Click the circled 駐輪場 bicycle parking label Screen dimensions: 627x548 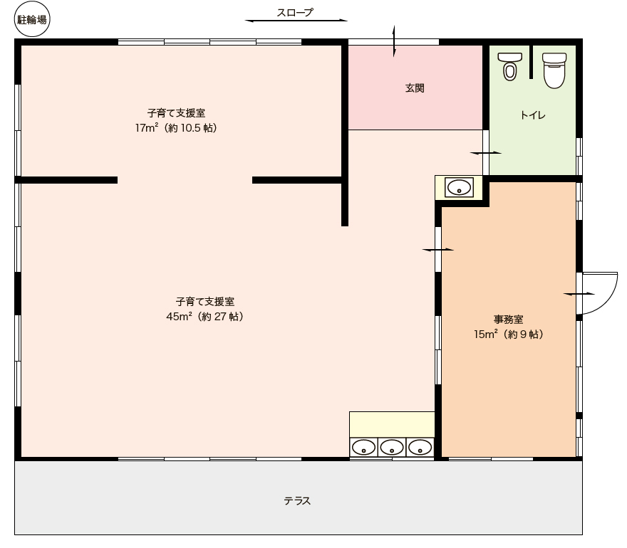(x=32, y=19)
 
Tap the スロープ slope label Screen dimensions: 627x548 (x=295, y=12)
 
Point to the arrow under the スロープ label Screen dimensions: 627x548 (x=296, y=21)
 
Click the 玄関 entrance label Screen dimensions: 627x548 (x=415, y=88)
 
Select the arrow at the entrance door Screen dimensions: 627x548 (x=394, y=41)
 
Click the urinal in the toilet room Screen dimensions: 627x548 (x=510, y=67)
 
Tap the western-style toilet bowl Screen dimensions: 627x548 (x=554, y=70)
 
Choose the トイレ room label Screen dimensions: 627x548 (x=533, y=115)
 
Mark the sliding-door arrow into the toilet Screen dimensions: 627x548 (x=485, y=152)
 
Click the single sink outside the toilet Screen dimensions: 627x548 (x=460, y=187)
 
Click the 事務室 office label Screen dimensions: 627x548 (x=508, y=320)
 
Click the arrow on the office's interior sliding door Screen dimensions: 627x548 (x=438, y=250)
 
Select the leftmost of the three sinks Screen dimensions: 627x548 (x=363, y=447)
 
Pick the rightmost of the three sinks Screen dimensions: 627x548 (x=420, y=447)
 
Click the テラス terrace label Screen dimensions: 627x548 (x=297, y=501)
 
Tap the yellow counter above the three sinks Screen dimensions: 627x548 (x=392, y=425)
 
